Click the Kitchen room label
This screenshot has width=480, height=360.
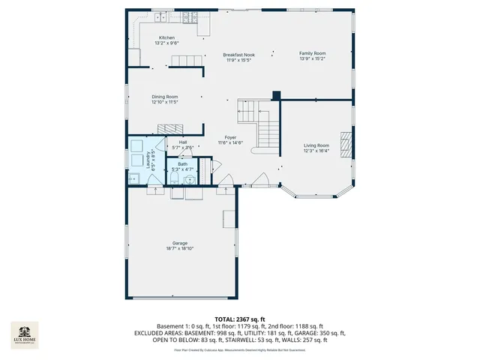pos(166,37)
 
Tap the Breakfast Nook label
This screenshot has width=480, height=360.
pos(238,55)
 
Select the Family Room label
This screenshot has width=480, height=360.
pos(313,53)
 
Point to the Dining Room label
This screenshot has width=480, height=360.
pos(165,97)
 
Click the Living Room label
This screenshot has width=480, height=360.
pos(316,145)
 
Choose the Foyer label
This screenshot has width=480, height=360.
pos(230,137)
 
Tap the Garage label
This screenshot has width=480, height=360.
pos(179,243)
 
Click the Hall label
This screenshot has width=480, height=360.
pos(182,142)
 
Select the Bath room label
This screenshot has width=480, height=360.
pos(182,163)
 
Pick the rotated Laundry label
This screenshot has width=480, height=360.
pos(154,157)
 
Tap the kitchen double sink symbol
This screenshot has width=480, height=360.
pos(160,16)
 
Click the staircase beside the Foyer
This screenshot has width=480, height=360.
pos(259,121)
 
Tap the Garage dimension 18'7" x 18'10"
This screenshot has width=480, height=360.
pos(179,248)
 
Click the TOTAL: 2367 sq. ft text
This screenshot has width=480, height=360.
pos(240,319)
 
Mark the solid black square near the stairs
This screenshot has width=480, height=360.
pos(276,95)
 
